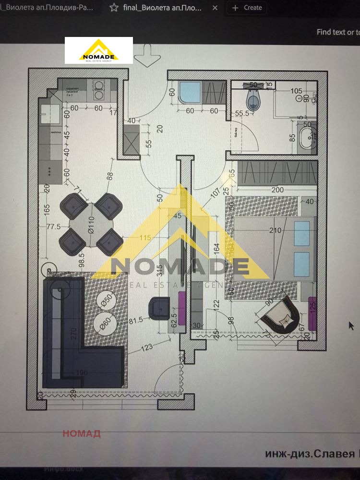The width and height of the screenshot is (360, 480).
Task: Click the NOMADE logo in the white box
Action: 99,50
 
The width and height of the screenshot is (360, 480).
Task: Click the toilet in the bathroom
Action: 253,100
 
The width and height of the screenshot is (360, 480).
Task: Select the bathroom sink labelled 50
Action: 305,137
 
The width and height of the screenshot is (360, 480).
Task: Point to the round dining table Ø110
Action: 91,224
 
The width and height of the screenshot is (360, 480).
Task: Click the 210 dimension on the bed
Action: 275,231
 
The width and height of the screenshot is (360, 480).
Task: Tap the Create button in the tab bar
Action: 248,8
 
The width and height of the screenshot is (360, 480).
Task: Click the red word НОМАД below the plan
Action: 81,434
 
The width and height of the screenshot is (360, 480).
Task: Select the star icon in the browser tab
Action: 113,8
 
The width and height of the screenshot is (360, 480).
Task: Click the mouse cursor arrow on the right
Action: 351,325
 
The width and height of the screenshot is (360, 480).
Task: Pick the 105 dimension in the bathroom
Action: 297,91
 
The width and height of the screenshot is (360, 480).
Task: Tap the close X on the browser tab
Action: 215,8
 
